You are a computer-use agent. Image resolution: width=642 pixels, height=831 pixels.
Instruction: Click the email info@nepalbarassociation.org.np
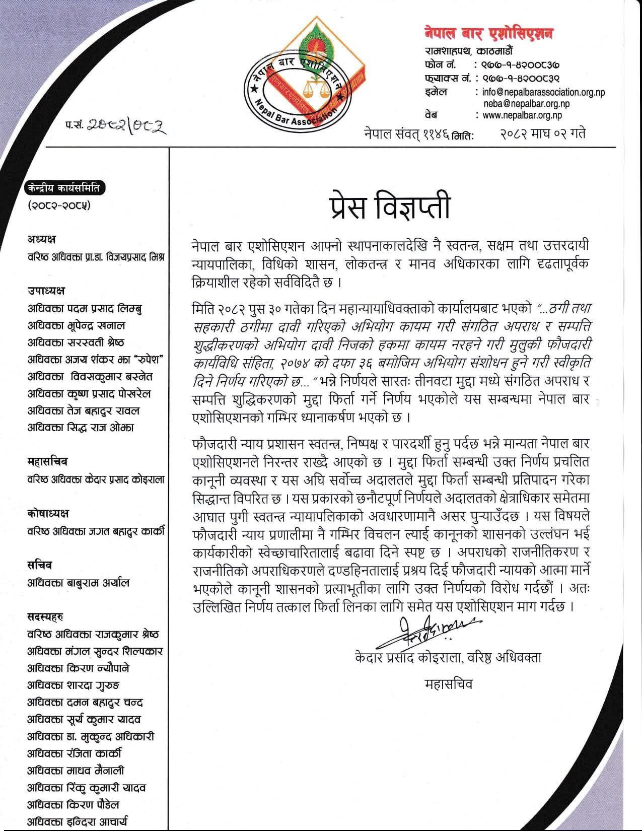[543, 92]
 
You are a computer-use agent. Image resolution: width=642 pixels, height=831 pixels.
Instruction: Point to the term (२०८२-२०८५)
[59, 205]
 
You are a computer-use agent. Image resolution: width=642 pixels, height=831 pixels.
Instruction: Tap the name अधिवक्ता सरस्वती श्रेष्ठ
[76, 342]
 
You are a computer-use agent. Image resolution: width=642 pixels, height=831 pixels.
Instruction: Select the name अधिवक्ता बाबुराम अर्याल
[79, 583]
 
